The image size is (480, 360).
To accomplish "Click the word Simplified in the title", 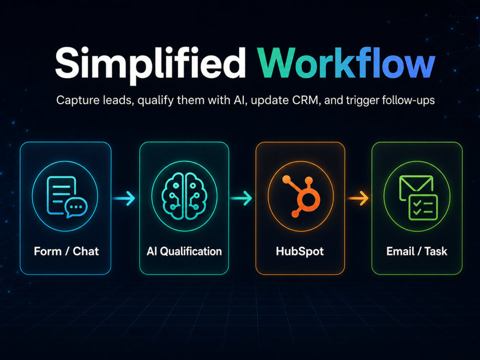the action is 150,65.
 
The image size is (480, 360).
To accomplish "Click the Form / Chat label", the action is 66,252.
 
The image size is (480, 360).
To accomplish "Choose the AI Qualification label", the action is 184,252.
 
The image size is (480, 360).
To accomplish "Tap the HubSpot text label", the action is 300,252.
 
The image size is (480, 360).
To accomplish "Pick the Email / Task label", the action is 417,252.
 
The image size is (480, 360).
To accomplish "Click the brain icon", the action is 184,196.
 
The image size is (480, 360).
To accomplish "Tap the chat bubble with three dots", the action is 76,207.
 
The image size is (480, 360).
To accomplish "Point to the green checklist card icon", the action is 423,207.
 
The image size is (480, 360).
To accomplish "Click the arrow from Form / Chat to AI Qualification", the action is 124,198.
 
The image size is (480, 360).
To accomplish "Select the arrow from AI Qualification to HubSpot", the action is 241,198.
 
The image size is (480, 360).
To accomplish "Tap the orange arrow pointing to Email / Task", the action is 358,198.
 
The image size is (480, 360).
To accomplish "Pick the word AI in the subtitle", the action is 240,100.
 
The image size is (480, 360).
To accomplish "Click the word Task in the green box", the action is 436,252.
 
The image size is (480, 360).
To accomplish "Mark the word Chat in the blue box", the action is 86,252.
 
